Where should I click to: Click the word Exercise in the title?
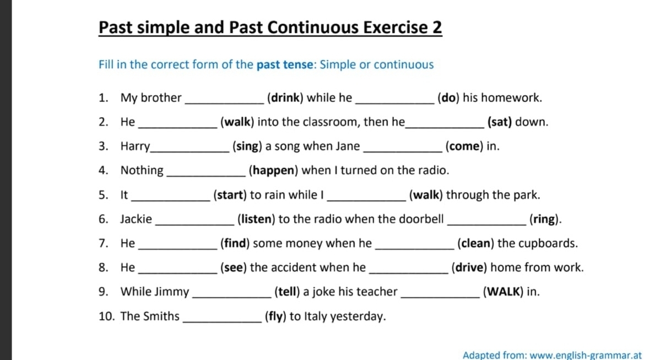pyautogui.click(x=394, y=28)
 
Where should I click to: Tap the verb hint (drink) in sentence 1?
pyautogui.click(x=285, y=98)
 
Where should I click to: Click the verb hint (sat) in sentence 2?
pyautogui.click(x=500, y=122)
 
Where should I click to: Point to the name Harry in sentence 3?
pyautogui.click(x=135, y=146)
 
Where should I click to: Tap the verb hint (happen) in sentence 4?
pyautogui.click(x=274, y=171)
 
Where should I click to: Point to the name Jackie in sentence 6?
pyautogui.click(x=136, y=219)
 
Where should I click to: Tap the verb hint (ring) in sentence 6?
pyautogui.click(x=545, y=219)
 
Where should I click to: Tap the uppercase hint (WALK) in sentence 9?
pyautogui.click(x=503, y=292)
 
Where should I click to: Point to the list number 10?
pyautogui.click(x=105, y=317)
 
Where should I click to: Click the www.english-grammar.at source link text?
pyautogui.click(x=585, y=355)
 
